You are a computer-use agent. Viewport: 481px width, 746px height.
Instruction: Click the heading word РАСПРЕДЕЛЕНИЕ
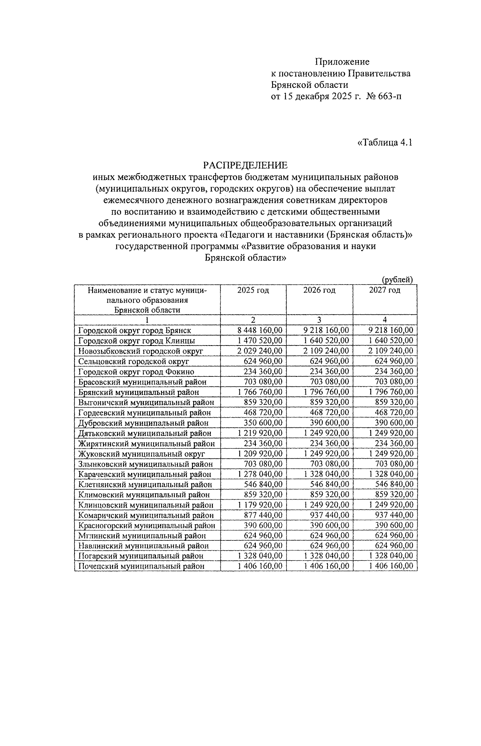(x=245, y=165)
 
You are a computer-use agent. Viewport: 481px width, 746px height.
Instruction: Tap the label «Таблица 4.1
(x=384, y=143)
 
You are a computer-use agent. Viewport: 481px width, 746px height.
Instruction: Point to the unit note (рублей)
(x=397, y=280)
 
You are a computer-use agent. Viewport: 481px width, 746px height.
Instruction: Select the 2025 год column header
(x=253, y=290)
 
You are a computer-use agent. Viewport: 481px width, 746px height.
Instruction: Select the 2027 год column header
(x=384, y=290)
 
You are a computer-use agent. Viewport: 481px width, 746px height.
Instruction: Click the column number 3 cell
(x=319, y=320)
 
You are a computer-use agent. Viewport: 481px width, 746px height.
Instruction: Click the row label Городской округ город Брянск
(x=135, y=331)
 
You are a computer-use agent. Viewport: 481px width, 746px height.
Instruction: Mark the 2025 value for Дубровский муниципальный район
(x=263, y=423)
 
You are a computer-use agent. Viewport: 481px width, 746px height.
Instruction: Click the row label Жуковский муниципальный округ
(x=141, y=454)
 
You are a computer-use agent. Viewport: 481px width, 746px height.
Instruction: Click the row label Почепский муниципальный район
(x=141, y=566)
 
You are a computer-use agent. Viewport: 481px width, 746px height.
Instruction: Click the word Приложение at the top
(x=342, y=62)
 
